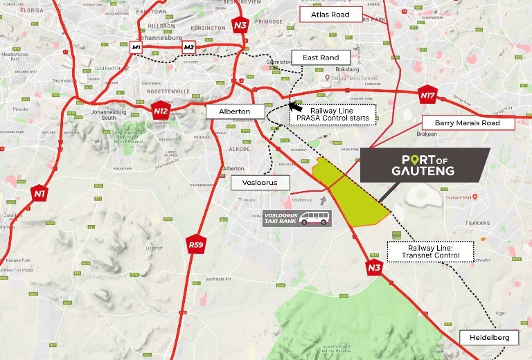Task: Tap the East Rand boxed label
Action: (x=321, y=57)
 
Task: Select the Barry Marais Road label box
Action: (x=469, y=123)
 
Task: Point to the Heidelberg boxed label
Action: (x=488, y=337)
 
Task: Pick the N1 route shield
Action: (x=39, y=192)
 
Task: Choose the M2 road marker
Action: (x=188, y=47)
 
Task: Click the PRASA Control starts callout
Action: (x=334, y=114)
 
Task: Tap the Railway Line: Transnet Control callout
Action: (x=430, y=251)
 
